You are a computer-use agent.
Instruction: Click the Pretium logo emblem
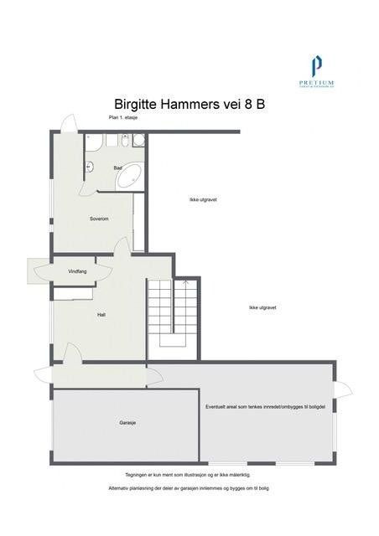(316, 64)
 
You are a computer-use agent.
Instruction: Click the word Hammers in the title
(194, 104)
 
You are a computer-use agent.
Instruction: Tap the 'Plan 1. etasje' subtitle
(123, 119)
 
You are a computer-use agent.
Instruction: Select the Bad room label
(117, 167)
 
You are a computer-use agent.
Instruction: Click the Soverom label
(100, 219)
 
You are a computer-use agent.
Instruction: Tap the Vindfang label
(79, 271)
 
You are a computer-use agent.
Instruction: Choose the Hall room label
(101, 315)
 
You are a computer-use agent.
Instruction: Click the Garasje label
(127, 423)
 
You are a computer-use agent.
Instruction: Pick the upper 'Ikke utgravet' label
(204, 199)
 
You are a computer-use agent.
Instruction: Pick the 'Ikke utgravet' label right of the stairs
(262, 307)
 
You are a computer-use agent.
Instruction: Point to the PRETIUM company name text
(316, 82)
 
